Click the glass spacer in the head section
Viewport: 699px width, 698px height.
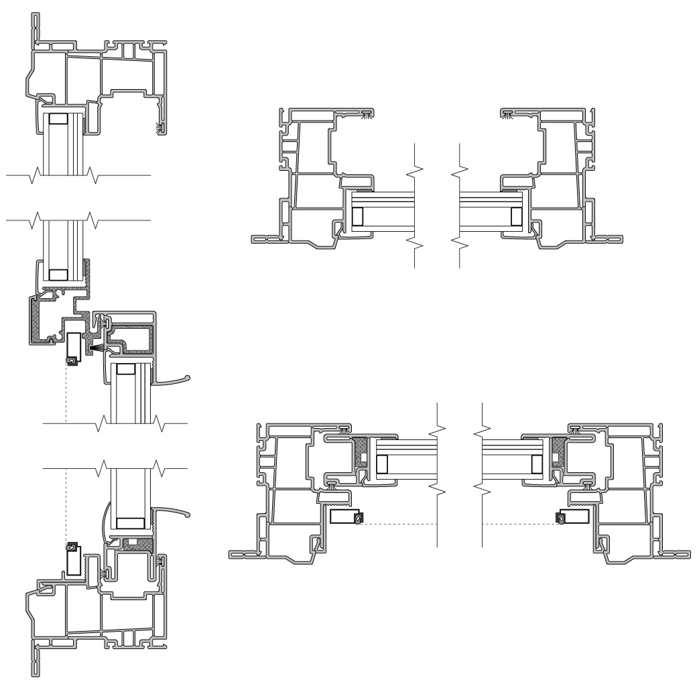(x=58, y=119)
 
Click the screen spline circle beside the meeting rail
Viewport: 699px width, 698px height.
(x=71, y=360)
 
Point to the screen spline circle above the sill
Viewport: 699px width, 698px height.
(x=71, y=547)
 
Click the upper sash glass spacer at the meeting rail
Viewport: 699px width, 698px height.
(x=58, y=274)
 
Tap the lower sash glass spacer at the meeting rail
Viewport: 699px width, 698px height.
(x=125, y=368)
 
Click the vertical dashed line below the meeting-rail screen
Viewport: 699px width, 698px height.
(x=66, y=395)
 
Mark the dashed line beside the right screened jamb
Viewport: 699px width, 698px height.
(x=519, y=523)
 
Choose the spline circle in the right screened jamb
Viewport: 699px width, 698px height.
(x=560, y=518)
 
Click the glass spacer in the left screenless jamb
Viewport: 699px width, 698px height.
(x=357, y=216)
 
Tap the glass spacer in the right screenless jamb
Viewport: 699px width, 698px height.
(x=516, y=216)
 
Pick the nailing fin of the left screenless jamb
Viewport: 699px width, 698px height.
(x=263, y=238)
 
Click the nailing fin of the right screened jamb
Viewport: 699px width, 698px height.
(x=674, y=554)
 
